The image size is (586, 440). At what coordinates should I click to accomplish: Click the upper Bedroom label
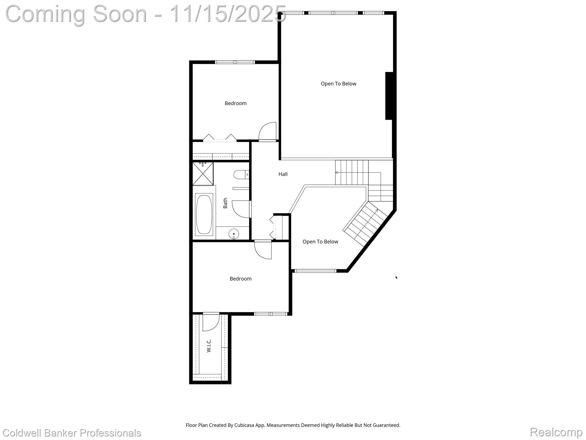[x=235, y=103]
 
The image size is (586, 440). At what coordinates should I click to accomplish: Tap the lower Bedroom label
[x=240, y=279]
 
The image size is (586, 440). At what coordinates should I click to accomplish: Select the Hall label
[x=283, y=174]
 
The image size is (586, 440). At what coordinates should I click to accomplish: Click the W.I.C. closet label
[x=209, y=345]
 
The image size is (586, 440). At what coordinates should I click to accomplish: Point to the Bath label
[x=225, y=203]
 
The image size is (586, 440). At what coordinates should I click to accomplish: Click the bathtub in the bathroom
[x=204, y=215]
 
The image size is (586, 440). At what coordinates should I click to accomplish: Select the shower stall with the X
[x=203, y=174]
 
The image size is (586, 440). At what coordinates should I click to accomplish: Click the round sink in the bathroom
[x=234, y=234]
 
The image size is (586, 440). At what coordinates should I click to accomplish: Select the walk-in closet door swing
[x=211, y=323]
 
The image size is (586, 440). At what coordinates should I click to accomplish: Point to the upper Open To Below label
[x=338, y=84]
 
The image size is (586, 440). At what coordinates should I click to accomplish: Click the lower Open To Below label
[x=320, y=242]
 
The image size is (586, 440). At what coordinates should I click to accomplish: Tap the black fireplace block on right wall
[x=389, y=96]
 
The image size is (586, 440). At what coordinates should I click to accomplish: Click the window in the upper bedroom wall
[x=235, y=62]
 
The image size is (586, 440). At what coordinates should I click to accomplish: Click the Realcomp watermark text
[x=556, y=432]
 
